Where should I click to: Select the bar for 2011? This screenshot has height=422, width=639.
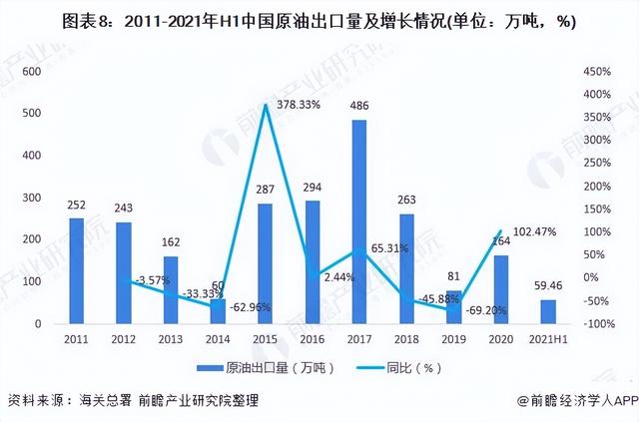point(77,270)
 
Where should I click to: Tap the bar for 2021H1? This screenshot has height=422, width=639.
point(547,311)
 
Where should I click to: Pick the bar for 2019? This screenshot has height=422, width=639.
point(453,307)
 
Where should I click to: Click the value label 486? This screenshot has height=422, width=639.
point(358,106)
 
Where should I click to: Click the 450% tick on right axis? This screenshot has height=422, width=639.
point(596,72)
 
